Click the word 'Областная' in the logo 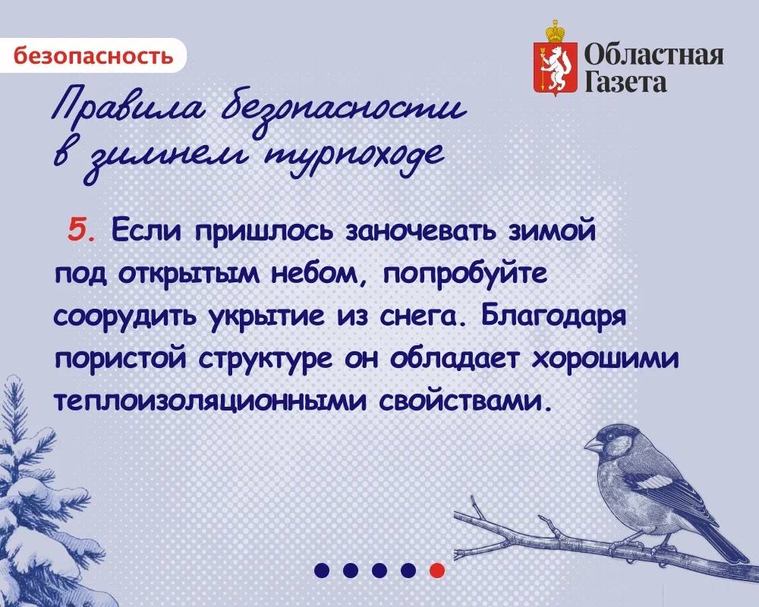click(x=653, y=55)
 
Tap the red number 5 click(x=79, y=228)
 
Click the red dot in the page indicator click(x=436, y=570)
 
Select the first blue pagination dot click(x=322, y=570)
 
